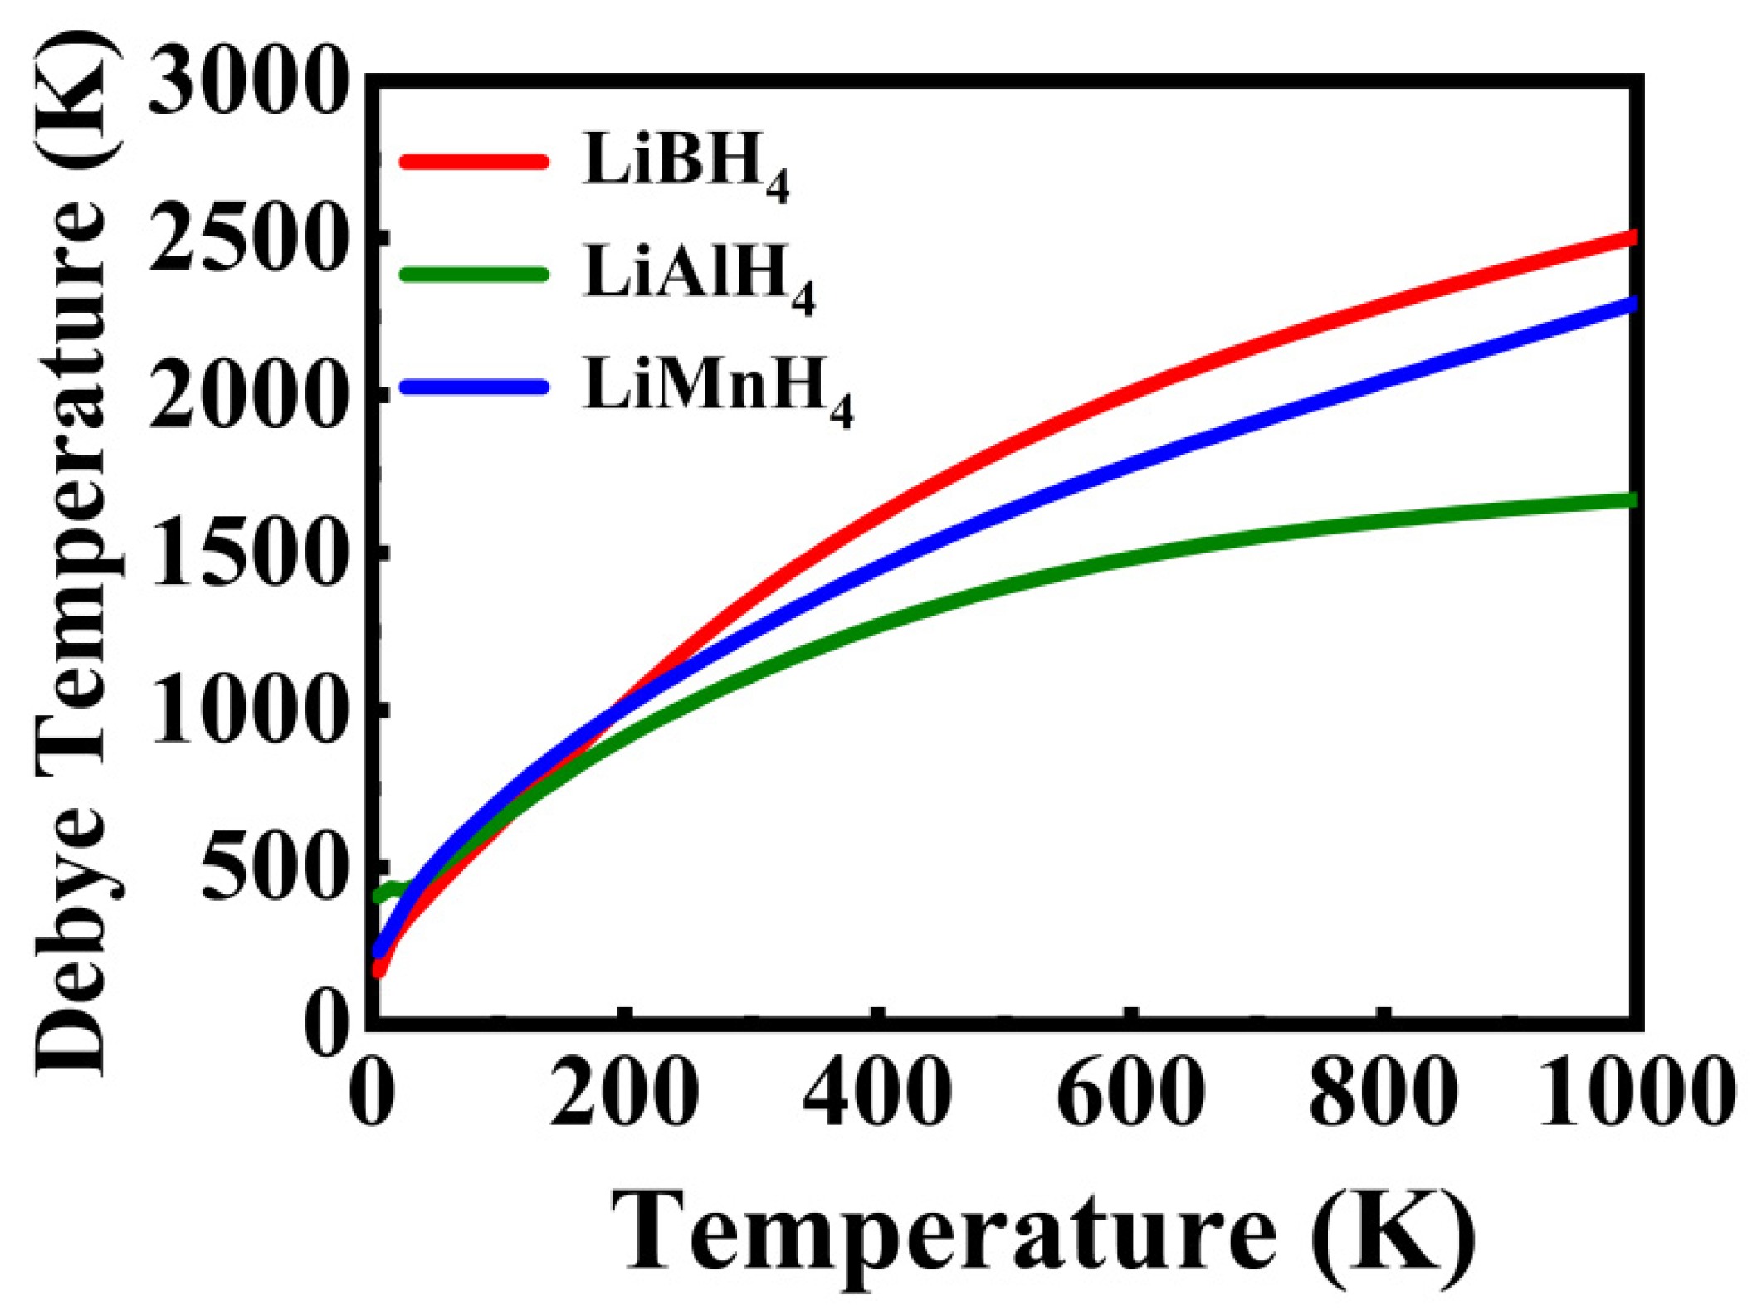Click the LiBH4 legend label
point(685,163)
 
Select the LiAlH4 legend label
point(698,275)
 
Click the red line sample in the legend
point(474,161)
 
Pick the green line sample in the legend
point(474,274)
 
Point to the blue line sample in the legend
point(474,386)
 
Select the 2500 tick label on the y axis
point(246,241)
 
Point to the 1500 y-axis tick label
point(246,553)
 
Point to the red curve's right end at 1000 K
point(1628,238)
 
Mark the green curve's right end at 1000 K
point(1628,500)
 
